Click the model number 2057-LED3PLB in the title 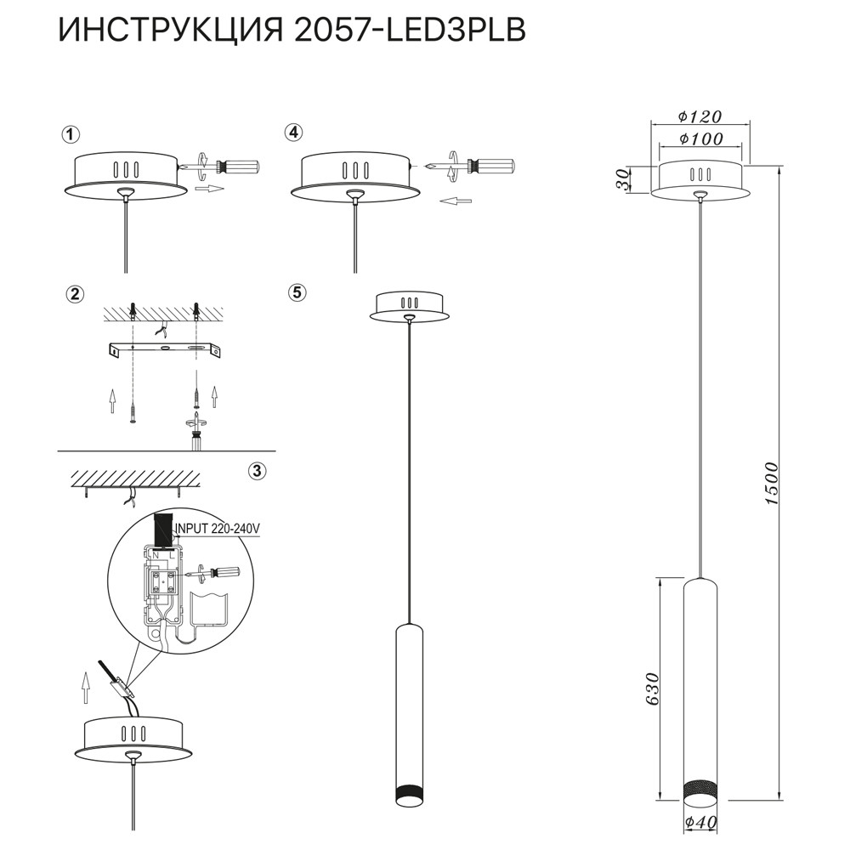point(410,30)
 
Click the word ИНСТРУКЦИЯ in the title point(171,30)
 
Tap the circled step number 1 point(71,134)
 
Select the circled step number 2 point(75,295)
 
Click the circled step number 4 point(294,133)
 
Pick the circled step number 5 point(296,292)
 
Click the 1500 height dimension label point(770,484)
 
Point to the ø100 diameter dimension point(700,139)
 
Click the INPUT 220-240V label point(218,529)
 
